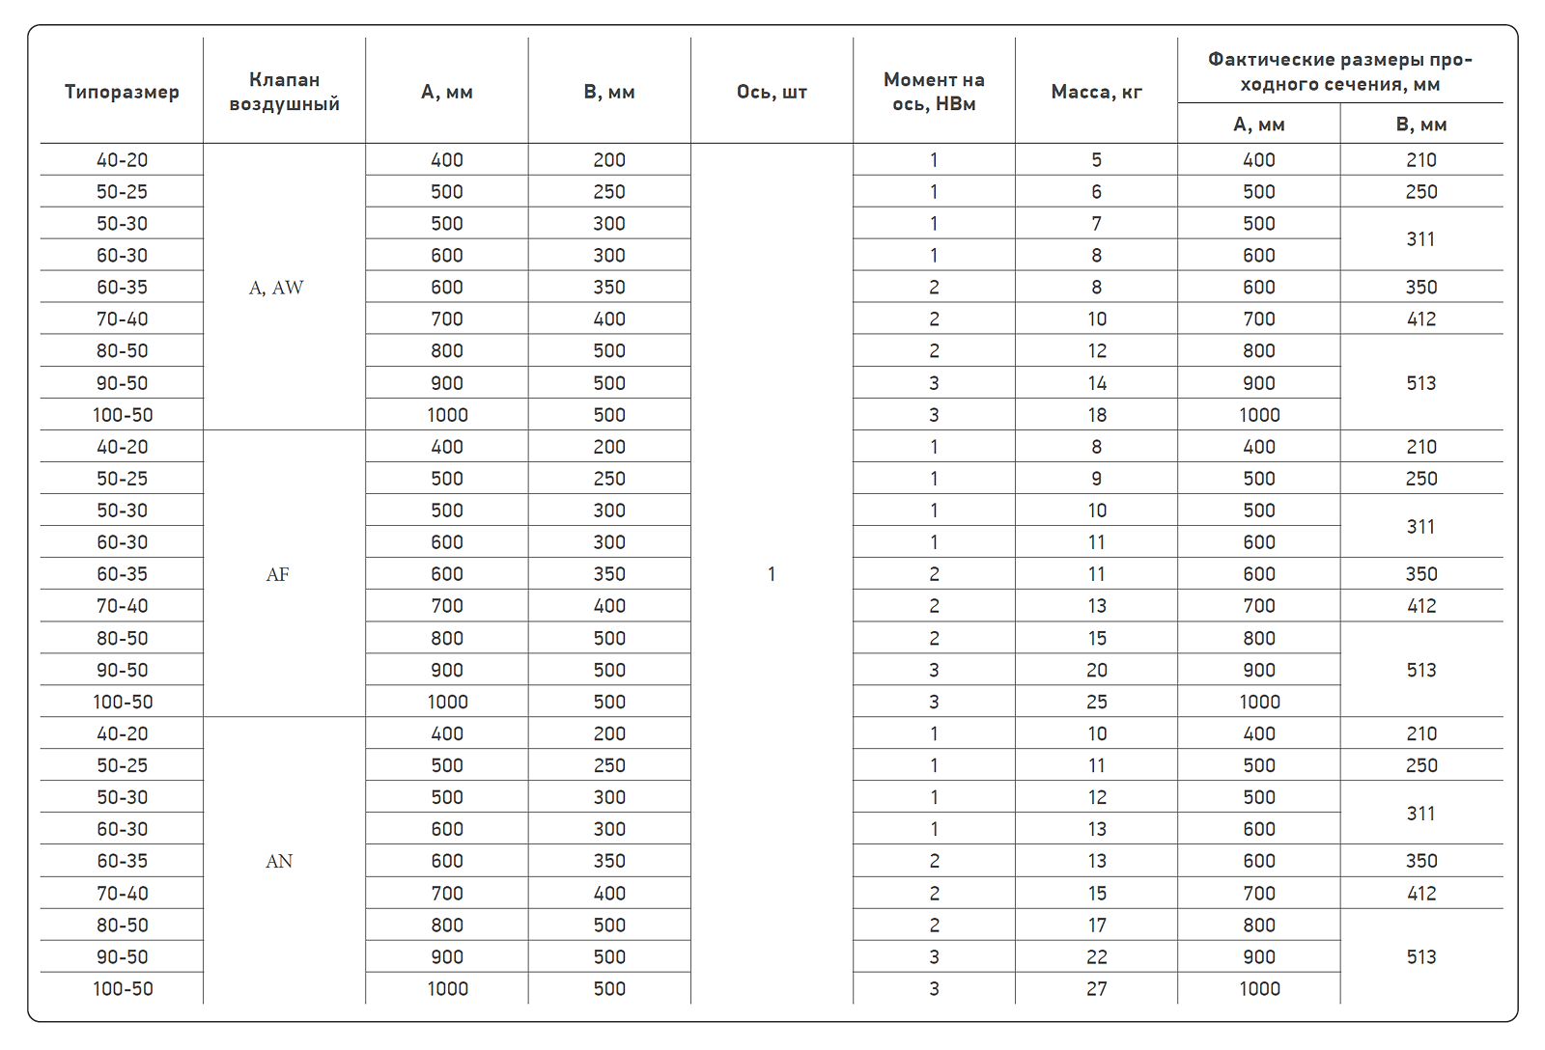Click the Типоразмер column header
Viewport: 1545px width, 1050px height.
tap(122, 92)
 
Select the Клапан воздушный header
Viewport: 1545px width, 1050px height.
tap(284, 92)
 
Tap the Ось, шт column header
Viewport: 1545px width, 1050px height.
tap(772, 92)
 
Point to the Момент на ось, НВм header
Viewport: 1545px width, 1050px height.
tap(934, 92)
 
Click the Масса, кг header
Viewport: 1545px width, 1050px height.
tap(1096, 92)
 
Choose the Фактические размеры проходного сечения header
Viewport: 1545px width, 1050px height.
tap(1340, 71)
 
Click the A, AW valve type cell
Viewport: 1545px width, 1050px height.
tap(276, 288)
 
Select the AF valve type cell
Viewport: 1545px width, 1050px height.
tap(277, 574)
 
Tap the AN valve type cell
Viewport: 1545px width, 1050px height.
tap(279, 861)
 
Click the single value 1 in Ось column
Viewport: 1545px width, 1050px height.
tap(772, 574)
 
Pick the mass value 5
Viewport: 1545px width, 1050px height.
tap(1096, 160)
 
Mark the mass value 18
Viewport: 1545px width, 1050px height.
tap(1096, 415)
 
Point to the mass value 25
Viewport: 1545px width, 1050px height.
tap(1096, 702)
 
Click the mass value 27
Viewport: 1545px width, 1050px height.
tap(1096, 988)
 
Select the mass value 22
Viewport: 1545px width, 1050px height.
tap(1096, 956)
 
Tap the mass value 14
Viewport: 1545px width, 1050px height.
tap(1096, 383)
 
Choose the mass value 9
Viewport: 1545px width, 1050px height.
tap(1096, 479)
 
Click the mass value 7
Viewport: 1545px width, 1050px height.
tap(1096, 224)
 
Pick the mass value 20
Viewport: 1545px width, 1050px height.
tap(1096, 670)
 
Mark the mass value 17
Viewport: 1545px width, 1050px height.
tap(1096, 925)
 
